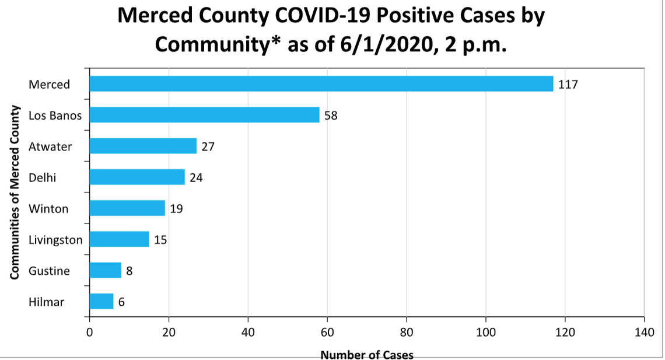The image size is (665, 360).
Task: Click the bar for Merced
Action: (x=321, y=84)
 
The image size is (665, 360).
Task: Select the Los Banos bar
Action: (x=204, y=115)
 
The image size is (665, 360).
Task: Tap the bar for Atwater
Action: (x=143, y=146)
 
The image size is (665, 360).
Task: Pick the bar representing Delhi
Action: (x=137, y=177)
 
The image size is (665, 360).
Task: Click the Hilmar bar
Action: (x=101, y=301)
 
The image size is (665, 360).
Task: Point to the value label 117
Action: (x=568, y=85)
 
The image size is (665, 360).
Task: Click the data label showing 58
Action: (x=331, y=116)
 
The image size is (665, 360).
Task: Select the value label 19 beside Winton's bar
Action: (x=176, y=208)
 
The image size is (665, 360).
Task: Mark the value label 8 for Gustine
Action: (x=129, y=271)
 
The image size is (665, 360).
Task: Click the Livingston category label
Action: (x=55, y=240)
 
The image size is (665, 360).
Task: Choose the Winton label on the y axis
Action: (x=48, y=209)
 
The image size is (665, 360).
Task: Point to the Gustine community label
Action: (x=49, y=271)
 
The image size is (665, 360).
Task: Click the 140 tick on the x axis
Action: (x=644, y=333)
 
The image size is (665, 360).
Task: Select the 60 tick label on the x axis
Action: (x=327, y=333)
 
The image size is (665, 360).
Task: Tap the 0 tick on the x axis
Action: (x=89, y=333)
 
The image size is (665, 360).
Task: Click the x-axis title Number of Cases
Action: (x=367, y=355)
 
